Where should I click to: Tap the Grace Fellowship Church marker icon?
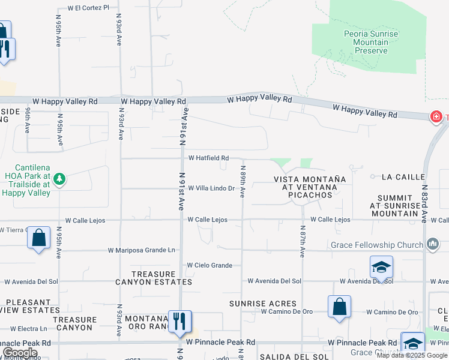point(432,244)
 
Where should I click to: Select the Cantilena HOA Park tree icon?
point(59,178)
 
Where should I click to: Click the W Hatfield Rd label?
point(208,158)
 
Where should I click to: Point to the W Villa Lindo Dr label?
point(211,188)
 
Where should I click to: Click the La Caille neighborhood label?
point(403,177)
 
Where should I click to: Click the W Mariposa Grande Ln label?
point(142,250)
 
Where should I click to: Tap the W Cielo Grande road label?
point(209,265)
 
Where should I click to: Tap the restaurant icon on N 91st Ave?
point(179,321)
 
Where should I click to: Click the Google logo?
point(20,353)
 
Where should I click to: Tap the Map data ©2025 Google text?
point(412,355)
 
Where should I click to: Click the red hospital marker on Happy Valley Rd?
point(436,116)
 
